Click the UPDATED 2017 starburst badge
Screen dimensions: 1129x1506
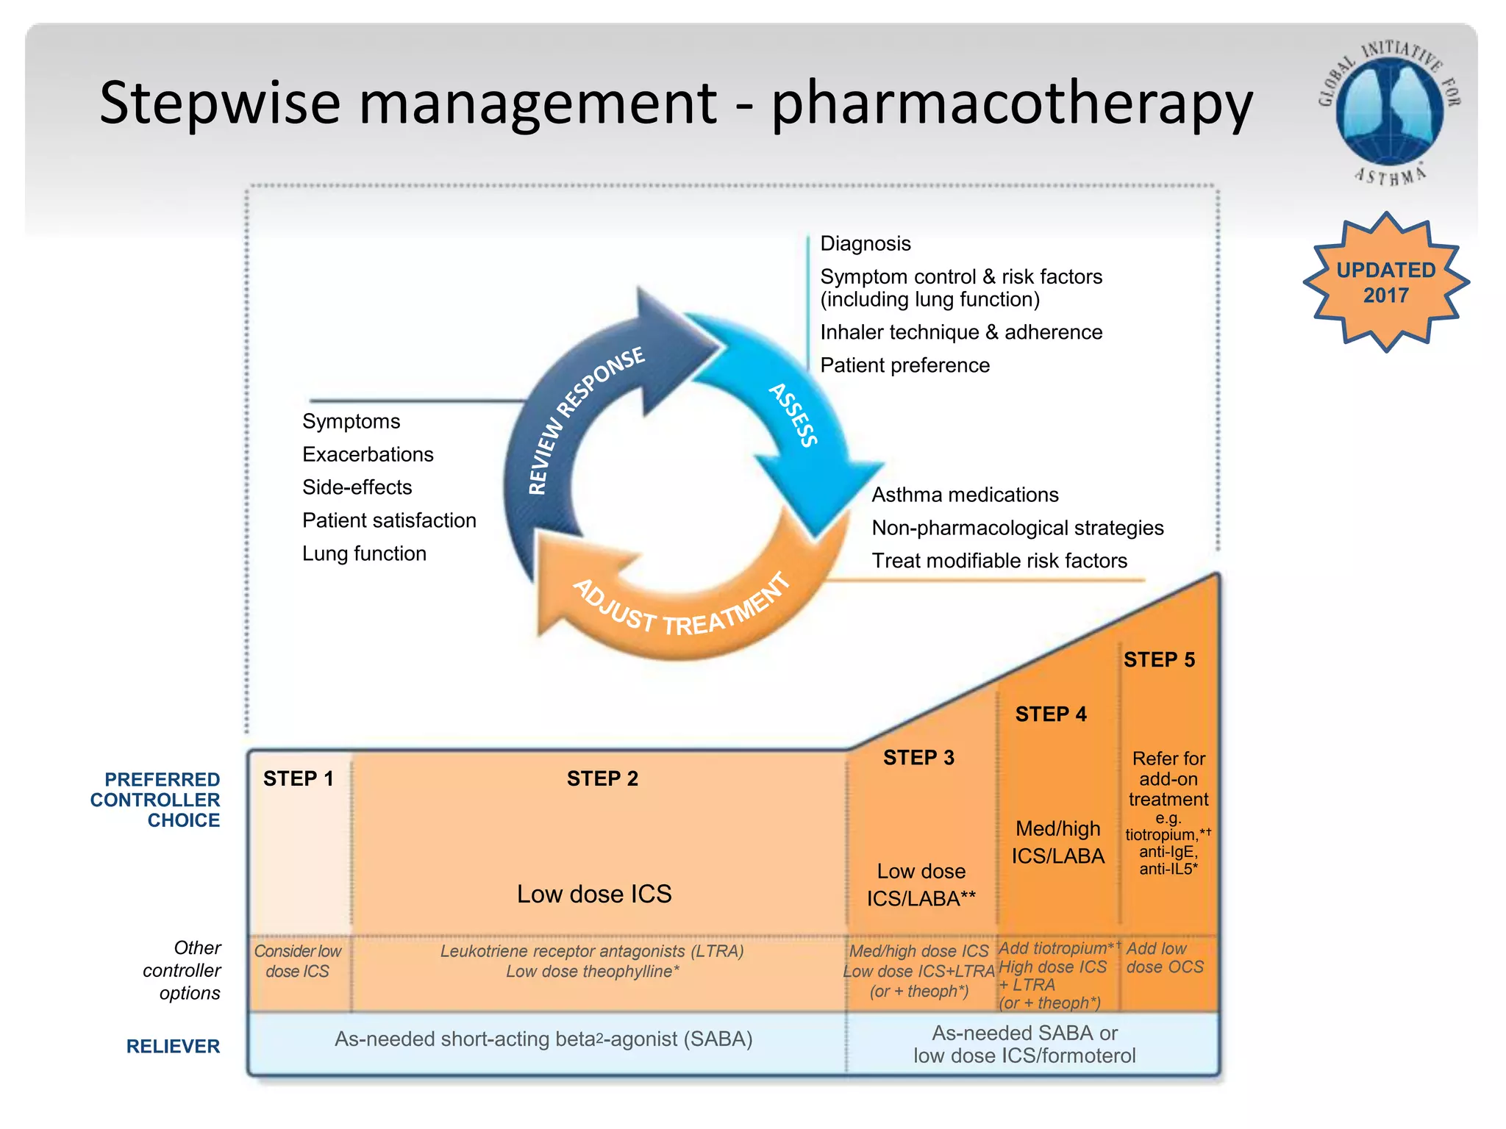pos(1385,283)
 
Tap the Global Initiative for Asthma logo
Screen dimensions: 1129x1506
pos(1389,110)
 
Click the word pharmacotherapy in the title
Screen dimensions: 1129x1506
pos(1011,103)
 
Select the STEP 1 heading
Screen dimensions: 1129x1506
pos(298,778)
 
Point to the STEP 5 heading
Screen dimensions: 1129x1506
pos(1159,660)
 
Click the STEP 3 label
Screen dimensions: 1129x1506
pos(918,758)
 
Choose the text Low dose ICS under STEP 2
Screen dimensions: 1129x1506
pos(594,894)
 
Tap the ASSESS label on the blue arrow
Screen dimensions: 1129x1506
pos(793,415)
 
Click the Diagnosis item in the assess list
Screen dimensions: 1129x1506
pos(865,243)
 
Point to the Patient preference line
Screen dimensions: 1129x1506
pos(904,365)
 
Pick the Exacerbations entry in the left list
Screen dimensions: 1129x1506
pos(368,454)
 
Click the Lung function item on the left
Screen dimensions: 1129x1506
pos(364,553)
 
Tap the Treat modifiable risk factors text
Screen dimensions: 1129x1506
pos(999,561)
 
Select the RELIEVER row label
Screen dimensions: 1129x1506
pos(173,1046)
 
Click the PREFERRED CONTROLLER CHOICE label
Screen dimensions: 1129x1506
pos(156,800)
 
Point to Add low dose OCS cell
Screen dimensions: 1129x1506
pos(1165,958)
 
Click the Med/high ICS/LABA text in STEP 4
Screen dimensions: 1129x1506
pos(1057,842)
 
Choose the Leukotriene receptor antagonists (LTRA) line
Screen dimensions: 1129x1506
pos(592,951)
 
